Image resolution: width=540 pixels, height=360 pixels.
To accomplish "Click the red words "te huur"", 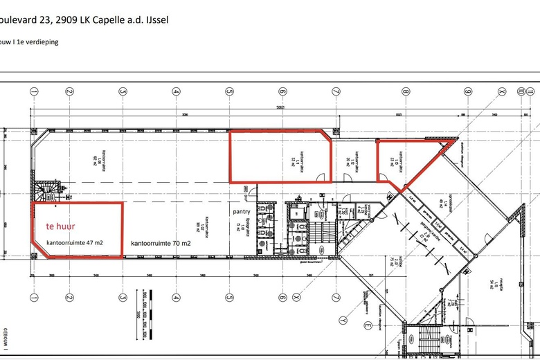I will [x=60, y=226].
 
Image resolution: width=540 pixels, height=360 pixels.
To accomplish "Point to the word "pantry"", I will [x=242, y=213].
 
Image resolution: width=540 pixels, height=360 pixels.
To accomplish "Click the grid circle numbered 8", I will [x=405, y=91].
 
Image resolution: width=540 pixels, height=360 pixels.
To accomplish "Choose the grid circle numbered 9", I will [x=468, y=91].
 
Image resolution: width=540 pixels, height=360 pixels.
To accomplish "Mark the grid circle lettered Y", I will [x=343, y=321].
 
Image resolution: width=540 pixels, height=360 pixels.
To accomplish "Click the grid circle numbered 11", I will [x=530, y=91].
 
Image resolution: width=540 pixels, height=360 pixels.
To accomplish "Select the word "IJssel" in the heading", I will [x=153, y=19].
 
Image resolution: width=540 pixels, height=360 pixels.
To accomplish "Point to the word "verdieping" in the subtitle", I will [x=42, y=42].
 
